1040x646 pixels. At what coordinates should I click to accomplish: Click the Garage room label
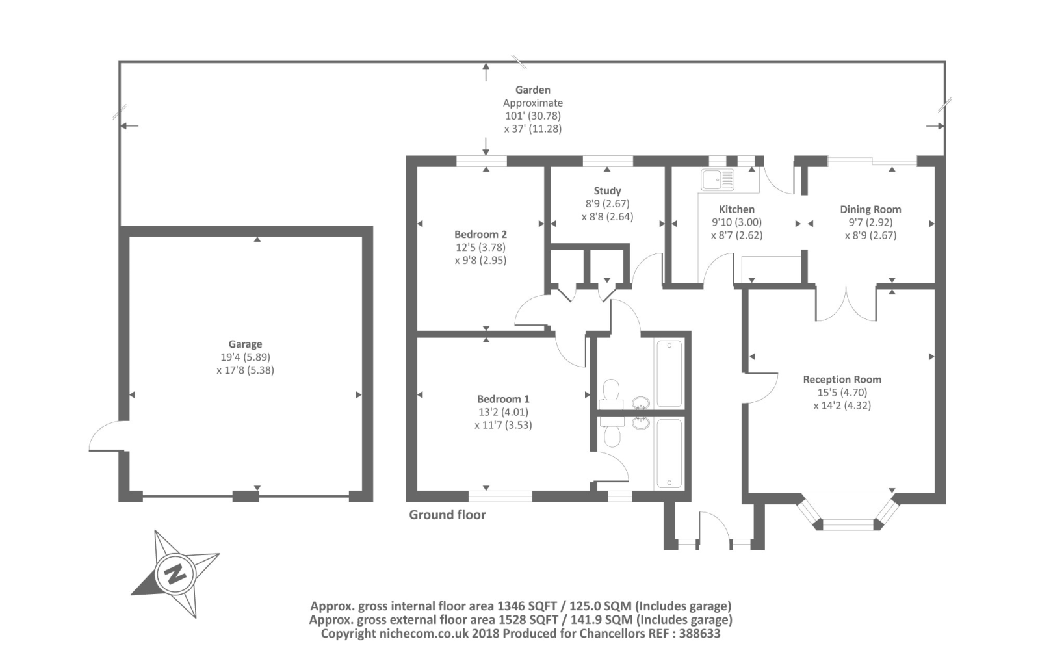245,344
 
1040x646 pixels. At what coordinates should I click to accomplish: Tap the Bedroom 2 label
480,235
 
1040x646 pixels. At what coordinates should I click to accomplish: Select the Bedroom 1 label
503,399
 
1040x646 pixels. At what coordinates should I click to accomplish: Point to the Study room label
607,191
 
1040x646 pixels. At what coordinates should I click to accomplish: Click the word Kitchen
736,209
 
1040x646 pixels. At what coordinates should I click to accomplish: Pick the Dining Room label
870,209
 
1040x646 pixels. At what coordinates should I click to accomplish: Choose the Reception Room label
842,380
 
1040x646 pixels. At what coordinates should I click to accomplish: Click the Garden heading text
533,90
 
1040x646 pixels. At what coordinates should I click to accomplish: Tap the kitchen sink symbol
718,179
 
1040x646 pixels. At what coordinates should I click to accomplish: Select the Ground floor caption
447,515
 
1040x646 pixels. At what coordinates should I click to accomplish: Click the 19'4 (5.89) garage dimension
245,357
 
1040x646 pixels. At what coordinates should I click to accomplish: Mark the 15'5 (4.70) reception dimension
842,393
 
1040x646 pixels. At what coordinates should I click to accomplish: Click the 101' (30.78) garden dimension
533,116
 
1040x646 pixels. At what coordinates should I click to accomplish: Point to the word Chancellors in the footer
612,633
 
